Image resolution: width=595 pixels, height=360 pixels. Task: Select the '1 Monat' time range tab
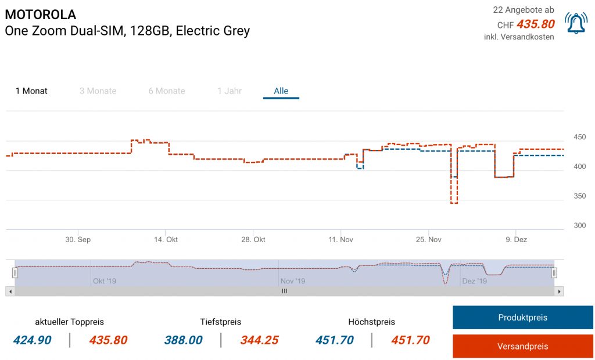31,91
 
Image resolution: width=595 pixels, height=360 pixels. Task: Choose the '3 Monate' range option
98,91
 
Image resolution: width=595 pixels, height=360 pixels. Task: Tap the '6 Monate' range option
167,91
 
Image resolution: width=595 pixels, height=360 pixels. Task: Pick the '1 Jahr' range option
230,91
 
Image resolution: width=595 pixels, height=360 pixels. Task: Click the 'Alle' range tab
281,91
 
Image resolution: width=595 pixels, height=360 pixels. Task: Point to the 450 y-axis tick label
579,138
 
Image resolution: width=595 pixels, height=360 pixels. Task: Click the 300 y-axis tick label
579,226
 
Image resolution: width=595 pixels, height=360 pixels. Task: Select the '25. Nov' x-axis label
429,240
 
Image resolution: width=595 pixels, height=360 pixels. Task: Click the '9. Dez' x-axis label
516,240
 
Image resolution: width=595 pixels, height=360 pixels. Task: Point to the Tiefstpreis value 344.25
259,340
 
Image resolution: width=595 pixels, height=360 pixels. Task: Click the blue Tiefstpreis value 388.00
183,340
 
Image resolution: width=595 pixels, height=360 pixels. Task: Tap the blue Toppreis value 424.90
33,340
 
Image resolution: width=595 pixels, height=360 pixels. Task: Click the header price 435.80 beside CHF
535,24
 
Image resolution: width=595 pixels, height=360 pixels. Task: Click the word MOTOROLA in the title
40,15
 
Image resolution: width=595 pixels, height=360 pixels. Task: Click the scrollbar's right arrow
559,291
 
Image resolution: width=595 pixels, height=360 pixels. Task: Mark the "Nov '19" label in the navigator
293,281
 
